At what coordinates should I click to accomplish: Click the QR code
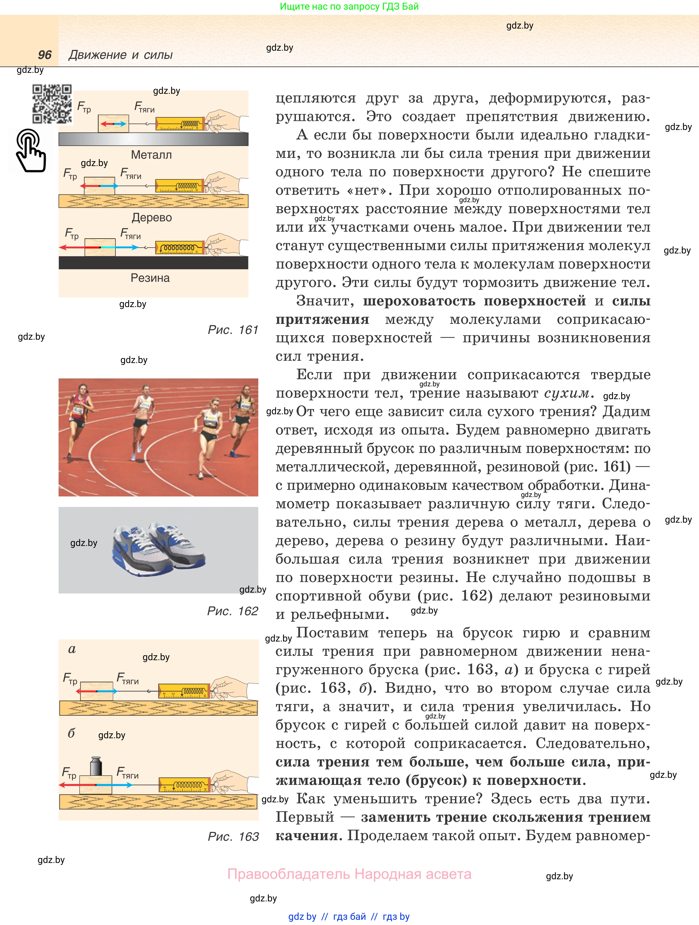tap(52, 104)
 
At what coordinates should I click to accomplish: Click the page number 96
tap(45, 55)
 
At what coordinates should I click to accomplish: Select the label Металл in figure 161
tap(151, 155)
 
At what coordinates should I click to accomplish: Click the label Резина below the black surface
tap(150, 278)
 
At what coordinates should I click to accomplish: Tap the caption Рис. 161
tap(233, 330)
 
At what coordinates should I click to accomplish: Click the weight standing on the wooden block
tap(96, 766)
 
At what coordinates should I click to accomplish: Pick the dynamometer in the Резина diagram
tap(180, 248)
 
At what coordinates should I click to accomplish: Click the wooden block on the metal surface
tap(113, 124)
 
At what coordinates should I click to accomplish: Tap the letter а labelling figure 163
tap(72, 649)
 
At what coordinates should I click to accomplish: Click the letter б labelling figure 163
tap(71, 733)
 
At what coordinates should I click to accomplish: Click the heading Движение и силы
tap(120, 55)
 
